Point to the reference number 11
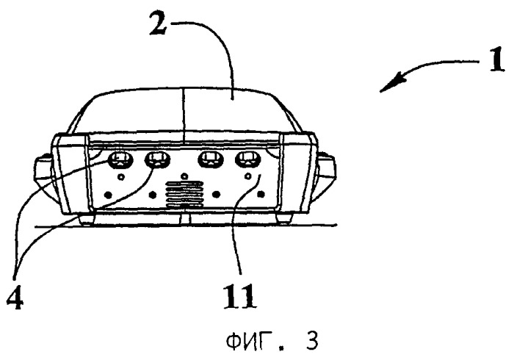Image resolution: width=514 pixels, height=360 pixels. click(x=239, y=296)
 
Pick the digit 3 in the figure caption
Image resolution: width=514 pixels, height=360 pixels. click(x=310, y=341)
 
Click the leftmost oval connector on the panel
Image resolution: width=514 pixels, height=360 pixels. click(x=120, y=159)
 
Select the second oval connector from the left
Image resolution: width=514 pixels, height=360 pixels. click(x=157, y=159)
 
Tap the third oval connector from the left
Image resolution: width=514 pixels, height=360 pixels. click(x=211, y=159)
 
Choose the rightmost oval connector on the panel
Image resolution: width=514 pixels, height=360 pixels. click(x=247, y=159)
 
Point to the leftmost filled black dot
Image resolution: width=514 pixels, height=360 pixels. click(x=108, y=195)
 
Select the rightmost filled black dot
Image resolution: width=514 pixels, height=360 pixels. click(x=261, y=195)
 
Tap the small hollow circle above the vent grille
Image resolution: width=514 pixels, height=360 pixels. click(x=184, y=176)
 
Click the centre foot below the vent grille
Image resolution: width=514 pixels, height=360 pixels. click(x=186, y=219)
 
